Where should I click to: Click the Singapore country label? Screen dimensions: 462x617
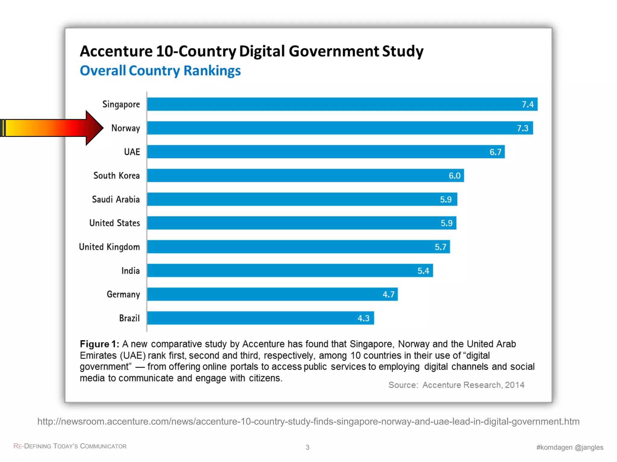click(x=121, y=104)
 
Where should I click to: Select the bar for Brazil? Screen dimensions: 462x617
click(x=261, y=318)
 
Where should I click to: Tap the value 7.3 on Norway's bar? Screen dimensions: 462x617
click(x=522, y=128)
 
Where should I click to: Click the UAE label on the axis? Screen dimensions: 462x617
click(x=132, y=152)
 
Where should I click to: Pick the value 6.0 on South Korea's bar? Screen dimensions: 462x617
click(x=454, y=176)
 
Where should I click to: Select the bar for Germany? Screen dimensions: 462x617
click(x=272, y=294)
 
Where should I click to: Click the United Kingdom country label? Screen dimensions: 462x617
click(x=109, y=247)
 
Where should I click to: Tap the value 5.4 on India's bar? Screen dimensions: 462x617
click(x=423, y=271)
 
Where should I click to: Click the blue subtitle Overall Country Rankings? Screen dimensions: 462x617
click(x=160, y=71)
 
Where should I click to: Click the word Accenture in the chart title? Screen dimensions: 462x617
click(x=116, y=51)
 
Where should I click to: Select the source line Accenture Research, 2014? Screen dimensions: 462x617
click(x=456, y=385)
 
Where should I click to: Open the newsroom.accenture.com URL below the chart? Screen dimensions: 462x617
click(x=308, y=421)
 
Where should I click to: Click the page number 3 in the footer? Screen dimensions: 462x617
click(x=307, y=447)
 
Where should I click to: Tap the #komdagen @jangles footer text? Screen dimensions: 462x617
click(x=569, y=447)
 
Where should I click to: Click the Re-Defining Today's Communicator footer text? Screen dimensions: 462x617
click(x=70, y=446)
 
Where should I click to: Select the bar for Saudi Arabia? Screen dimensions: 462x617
click(x=302, y=199)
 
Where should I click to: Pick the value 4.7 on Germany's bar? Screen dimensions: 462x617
click(x=388, y=294)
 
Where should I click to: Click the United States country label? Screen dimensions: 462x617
click(x=114, y=223)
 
